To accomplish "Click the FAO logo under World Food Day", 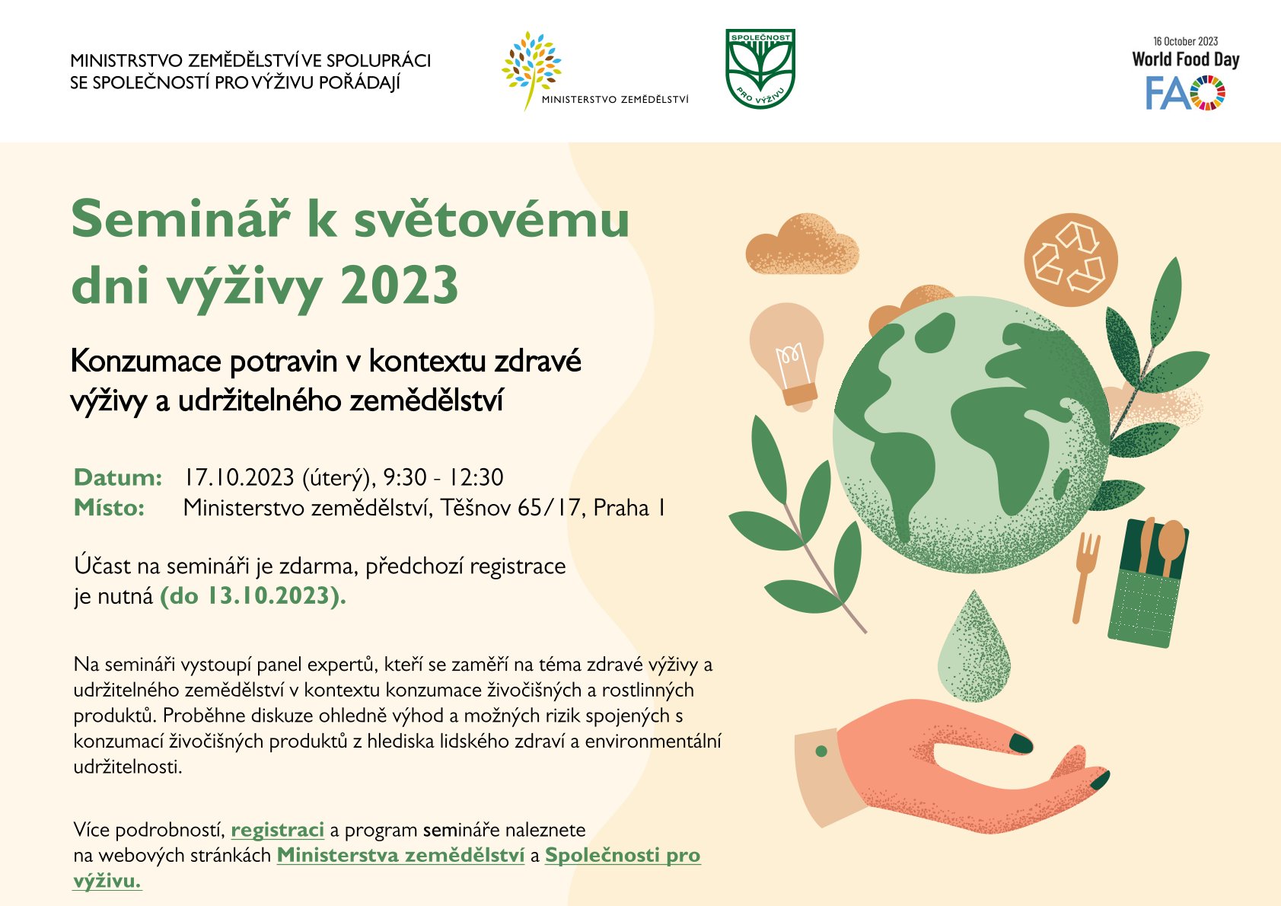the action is coord(1185,93).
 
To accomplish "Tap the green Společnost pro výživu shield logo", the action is coord(760,69).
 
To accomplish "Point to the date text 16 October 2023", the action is coord(1186,41).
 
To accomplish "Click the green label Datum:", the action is coord(118,477).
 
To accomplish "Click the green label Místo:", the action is coord(109,508).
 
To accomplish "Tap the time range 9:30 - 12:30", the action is coord(443,477).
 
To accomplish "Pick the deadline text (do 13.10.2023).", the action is coord(253,596).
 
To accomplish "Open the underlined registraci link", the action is coord(277,830).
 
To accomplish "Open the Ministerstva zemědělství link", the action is coord(400,855).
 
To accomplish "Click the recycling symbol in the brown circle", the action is coord(1070,260).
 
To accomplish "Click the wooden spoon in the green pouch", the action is coord(1170,546).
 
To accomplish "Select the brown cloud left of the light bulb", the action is coord(801,245).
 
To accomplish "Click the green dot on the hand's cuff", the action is coord(821,751).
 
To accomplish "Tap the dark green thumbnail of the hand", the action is coord(1021,743).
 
